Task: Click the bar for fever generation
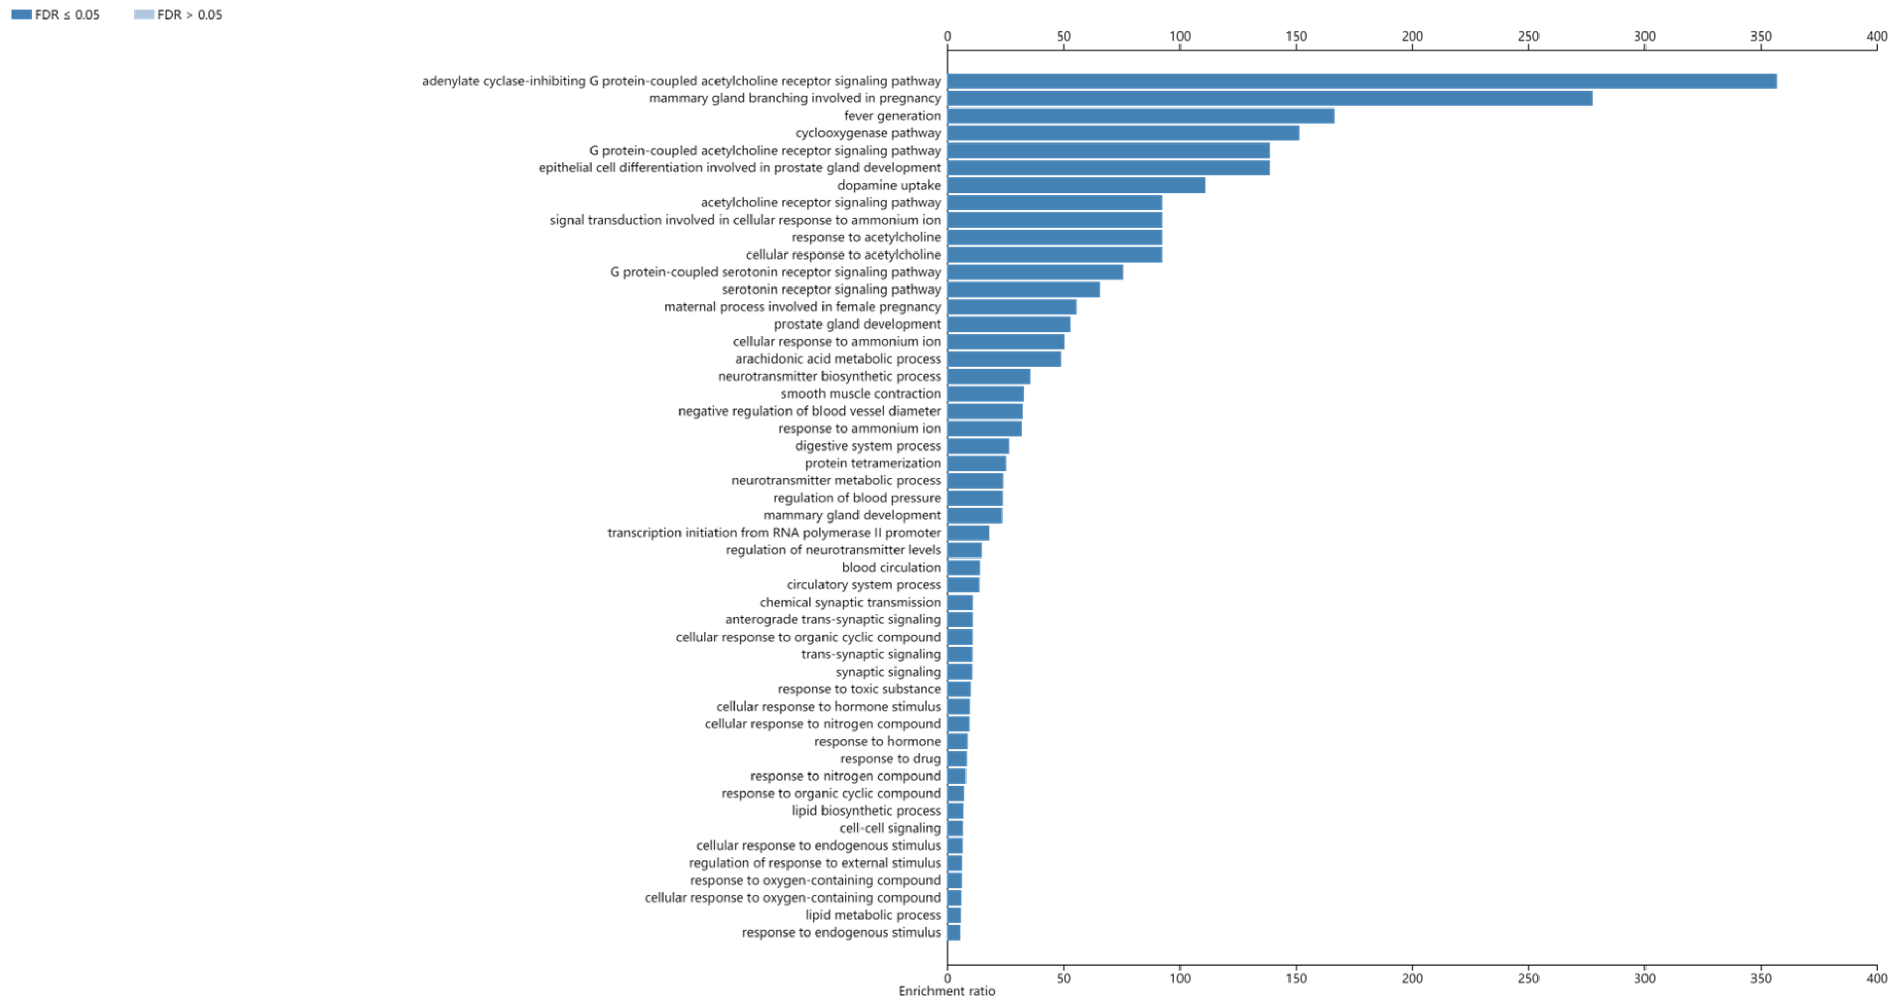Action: tap(1140, 116)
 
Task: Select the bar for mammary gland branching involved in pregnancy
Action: tap(1269, 99)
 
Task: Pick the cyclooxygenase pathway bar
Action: tap(1122, 133)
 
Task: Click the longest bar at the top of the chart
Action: tap(1361, 81)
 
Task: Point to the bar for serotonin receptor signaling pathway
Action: tap(1023, 290)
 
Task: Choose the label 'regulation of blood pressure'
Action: tap(856, 498)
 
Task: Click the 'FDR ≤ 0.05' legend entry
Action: tap(56, 15)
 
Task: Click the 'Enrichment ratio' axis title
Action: tap(946, 991)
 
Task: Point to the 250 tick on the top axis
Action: tap(1528, 36)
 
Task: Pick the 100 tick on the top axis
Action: tap(1180, 36)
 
